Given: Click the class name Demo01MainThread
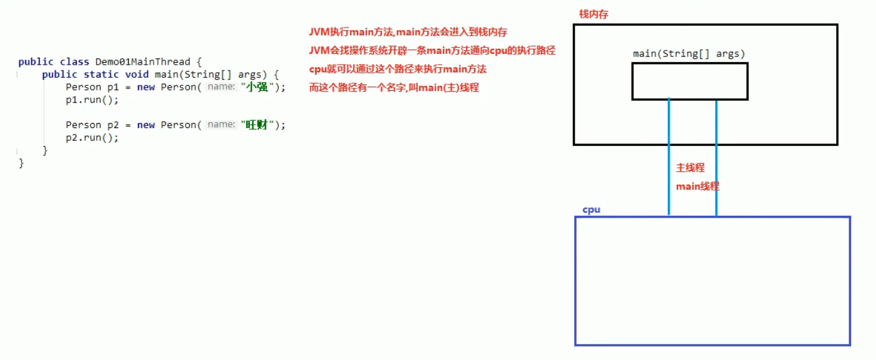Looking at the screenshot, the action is [142, 62].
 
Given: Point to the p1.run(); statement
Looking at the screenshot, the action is [92, 100].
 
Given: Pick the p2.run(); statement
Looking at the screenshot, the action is [92, 138].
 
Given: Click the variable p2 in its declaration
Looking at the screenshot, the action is [113, 125].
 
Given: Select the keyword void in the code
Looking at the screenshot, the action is [136, 74].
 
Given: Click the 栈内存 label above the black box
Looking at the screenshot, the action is [593, 14].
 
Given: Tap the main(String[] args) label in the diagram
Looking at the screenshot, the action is [689, 54].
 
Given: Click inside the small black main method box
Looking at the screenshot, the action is [690, 81].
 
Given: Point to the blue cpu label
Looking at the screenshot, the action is [591, 209].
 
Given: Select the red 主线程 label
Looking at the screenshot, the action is [690, 167].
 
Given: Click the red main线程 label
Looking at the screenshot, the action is [697, 186].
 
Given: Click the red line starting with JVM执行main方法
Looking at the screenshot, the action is [408, 32].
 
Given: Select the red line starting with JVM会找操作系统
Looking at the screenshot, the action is [432, 51].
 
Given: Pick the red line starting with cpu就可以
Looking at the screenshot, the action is [398, 69].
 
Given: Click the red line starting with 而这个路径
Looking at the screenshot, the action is [394, 88].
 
